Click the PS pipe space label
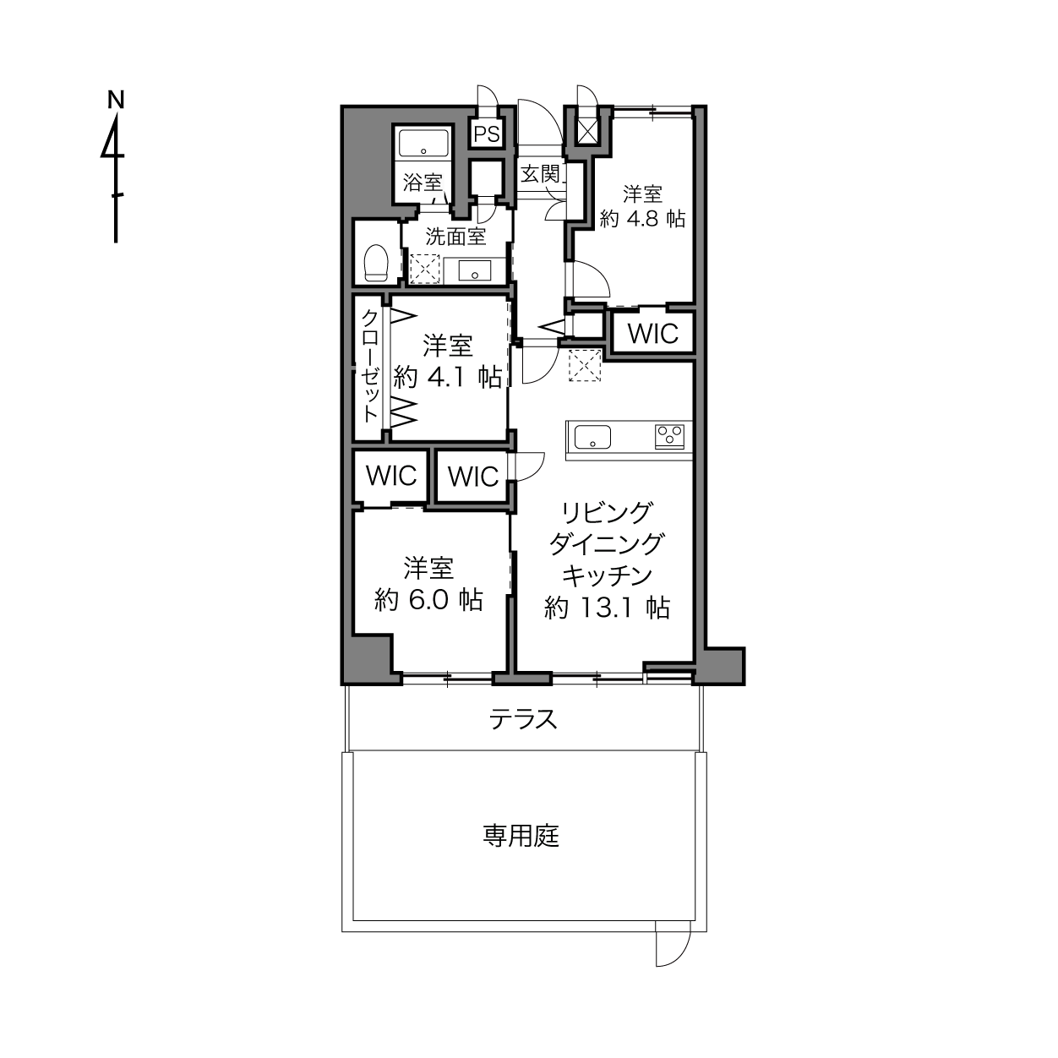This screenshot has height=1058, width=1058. point(487,134)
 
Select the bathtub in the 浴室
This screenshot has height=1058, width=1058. point(423,143)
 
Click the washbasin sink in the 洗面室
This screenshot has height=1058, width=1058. point(474,270)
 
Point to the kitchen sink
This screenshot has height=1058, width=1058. point(592,438)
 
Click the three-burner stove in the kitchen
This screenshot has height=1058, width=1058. point(669,437)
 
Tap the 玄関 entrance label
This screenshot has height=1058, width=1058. point(540,174)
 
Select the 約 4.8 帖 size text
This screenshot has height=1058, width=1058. point(642,220)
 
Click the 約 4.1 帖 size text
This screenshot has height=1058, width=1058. point(448,378)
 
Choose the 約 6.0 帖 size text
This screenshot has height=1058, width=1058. point(428,599)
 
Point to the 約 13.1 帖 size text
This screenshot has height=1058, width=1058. point(607,608)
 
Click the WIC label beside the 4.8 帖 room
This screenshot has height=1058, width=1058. point(653,333)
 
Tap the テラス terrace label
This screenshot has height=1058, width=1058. point(523,718)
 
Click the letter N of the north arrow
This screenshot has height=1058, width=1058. point(115,100)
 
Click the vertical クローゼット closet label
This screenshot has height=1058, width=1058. point(370,366)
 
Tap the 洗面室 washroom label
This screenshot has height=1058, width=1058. point(455,237)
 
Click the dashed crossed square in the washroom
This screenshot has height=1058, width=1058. point(424,269)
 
